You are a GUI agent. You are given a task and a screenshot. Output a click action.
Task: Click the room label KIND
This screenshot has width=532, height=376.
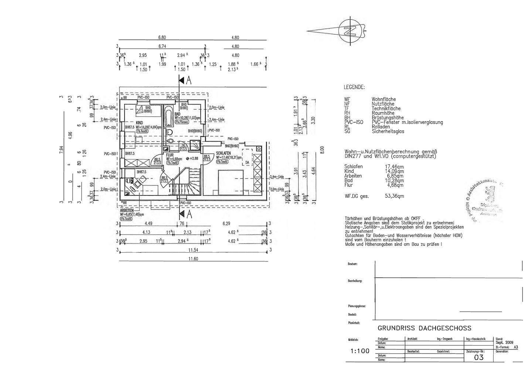139,123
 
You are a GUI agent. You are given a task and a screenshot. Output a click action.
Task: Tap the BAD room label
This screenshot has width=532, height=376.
177,114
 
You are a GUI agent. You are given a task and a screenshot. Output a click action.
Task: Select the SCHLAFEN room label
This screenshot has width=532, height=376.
224,153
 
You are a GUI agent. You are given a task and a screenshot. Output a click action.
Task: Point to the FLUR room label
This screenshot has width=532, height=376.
170,155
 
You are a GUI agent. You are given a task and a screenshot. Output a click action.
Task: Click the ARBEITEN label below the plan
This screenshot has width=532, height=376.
126,210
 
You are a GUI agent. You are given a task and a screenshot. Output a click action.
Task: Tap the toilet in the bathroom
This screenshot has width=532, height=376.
170,133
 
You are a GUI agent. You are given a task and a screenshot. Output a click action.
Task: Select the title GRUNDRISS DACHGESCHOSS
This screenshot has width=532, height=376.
424,328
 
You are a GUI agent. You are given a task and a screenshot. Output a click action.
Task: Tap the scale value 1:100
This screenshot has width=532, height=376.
359,351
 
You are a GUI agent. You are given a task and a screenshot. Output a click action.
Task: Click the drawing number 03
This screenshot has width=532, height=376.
479,357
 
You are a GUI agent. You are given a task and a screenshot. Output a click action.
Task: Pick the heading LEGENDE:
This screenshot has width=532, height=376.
354,87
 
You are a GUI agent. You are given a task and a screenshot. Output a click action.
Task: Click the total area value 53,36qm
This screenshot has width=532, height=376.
394,196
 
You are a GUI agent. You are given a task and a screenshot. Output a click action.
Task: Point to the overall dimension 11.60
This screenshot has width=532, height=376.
193,259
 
